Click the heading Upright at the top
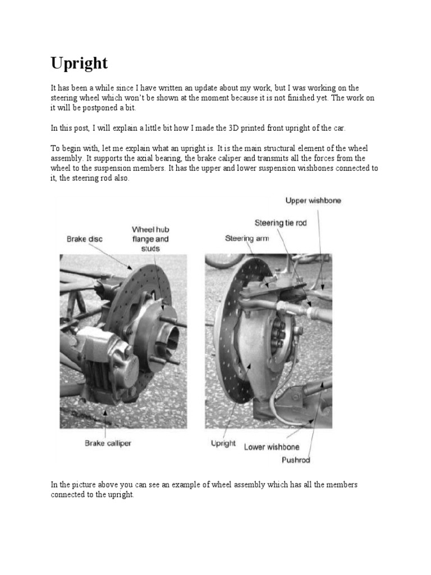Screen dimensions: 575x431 79,63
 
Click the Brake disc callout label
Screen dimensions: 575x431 84,239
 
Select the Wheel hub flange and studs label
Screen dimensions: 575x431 150,239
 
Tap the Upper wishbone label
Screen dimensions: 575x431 313,200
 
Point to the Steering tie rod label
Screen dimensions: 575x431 281,223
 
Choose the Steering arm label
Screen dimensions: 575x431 246,238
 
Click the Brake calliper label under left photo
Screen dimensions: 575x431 108,443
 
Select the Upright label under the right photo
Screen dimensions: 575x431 223,443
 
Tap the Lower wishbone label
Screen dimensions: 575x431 272,448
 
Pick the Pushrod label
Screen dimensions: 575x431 296,460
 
